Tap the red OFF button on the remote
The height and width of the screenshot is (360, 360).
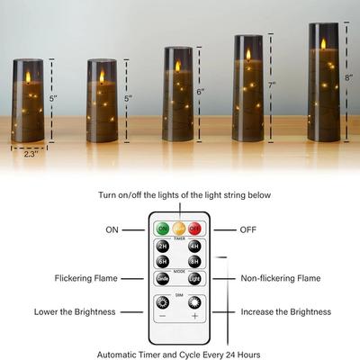(194, 229)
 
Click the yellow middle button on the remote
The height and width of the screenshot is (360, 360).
(178, 229)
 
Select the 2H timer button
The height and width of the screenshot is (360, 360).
(163, 247)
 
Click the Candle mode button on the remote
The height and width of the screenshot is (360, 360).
(163, 279)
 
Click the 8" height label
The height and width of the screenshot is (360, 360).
(347, 77)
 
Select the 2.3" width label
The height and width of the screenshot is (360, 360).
(32, 153)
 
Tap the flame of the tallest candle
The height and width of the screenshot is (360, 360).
(322, 42)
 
